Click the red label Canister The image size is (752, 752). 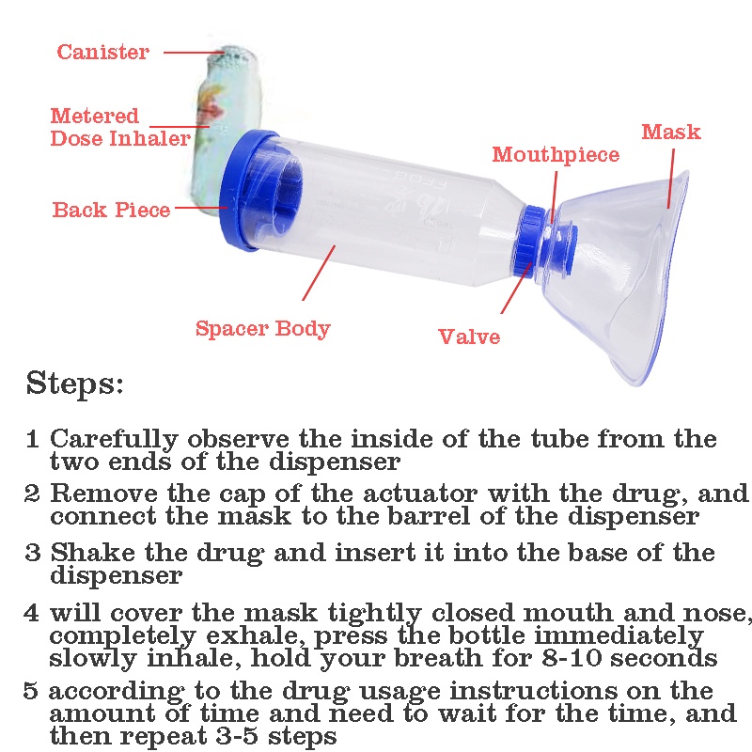point(102,52)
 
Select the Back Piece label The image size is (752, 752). point(111,210)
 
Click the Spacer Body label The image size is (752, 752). point(262,329)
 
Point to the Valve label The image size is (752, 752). point(469,337)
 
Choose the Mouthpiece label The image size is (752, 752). point(556,155)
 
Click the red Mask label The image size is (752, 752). point(671,132)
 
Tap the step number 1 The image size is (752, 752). point(33,439)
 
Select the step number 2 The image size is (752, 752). point(33,493)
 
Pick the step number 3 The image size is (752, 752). point(33,553)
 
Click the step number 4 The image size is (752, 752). point(33,613)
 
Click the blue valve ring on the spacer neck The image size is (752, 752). point(533,242)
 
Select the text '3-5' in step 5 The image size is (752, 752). point(219,735)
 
